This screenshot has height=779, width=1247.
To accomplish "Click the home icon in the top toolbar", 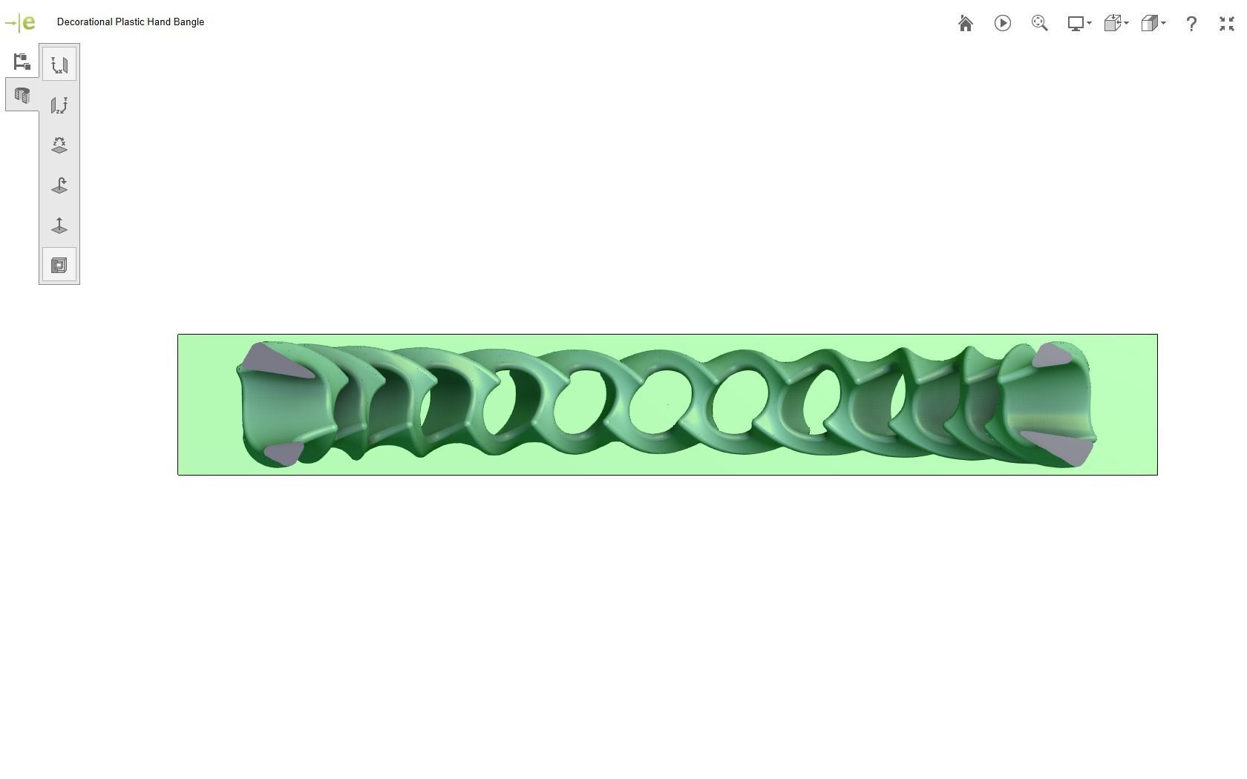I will click(966, 24).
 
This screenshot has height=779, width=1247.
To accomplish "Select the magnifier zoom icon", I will click(1039, 24).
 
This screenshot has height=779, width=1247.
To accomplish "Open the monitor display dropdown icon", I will click(1079, 24).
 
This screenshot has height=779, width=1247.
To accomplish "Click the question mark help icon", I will click(1191, 24).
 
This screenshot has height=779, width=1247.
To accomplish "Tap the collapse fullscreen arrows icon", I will click(1226, 24).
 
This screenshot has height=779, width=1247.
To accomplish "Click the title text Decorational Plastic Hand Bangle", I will click(131, 22).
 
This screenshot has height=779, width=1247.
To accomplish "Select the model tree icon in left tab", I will click(22, 62).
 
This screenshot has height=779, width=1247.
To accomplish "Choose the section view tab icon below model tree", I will click(22, 96).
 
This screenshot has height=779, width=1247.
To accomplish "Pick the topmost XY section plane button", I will click(59, 65).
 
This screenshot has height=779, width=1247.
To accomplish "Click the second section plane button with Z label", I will click(59, 105).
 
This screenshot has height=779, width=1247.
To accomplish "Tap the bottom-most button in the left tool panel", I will click(59, 265).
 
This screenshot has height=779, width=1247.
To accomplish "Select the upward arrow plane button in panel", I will click(59, 226).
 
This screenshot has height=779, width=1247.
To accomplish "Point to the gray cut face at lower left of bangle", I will click(283, 453).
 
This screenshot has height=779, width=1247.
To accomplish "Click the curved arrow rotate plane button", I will click(59, 185).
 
